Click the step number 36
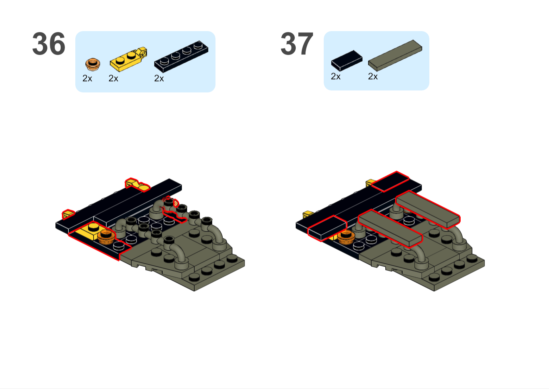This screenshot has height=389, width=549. point(49,44)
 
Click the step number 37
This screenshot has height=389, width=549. point(297,44)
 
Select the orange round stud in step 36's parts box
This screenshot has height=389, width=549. point(93,64)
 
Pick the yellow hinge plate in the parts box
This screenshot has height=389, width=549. point(128,59)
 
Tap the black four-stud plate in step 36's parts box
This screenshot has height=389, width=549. point(181,56)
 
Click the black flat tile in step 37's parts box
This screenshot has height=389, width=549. point(347,61)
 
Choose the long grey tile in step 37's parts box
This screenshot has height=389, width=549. point(395,55)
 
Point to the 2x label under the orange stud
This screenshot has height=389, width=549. point(87,79)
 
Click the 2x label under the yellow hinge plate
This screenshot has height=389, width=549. point(113,79)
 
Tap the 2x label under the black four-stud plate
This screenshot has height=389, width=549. point(159,79)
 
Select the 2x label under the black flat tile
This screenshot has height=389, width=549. point(335,76)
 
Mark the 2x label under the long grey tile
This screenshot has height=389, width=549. point(373,76)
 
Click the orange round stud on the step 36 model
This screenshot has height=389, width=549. point(106,237)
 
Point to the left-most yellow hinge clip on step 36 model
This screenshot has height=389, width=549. point(68,214)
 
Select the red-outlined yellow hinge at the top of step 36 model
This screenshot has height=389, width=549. point(137,184)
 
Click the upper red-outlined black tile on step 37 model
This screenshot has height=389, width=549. point(390,181)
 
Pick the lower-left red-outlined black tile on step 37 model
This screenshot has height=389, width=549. point(327,228)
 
